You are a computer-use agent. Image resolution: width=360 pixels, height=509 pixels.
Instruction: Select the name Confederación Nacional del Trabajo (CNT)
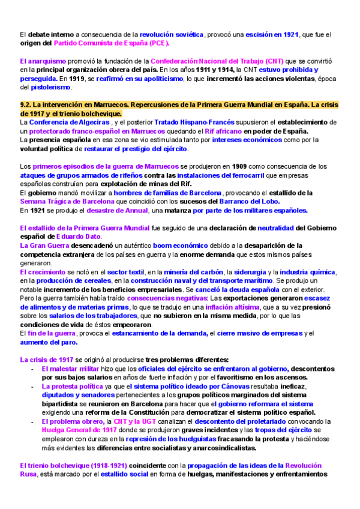(x=217, y=62)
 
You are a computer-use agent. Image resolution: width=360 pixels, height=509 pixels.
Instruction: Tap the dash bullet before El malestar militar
(x=32, y=369)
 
